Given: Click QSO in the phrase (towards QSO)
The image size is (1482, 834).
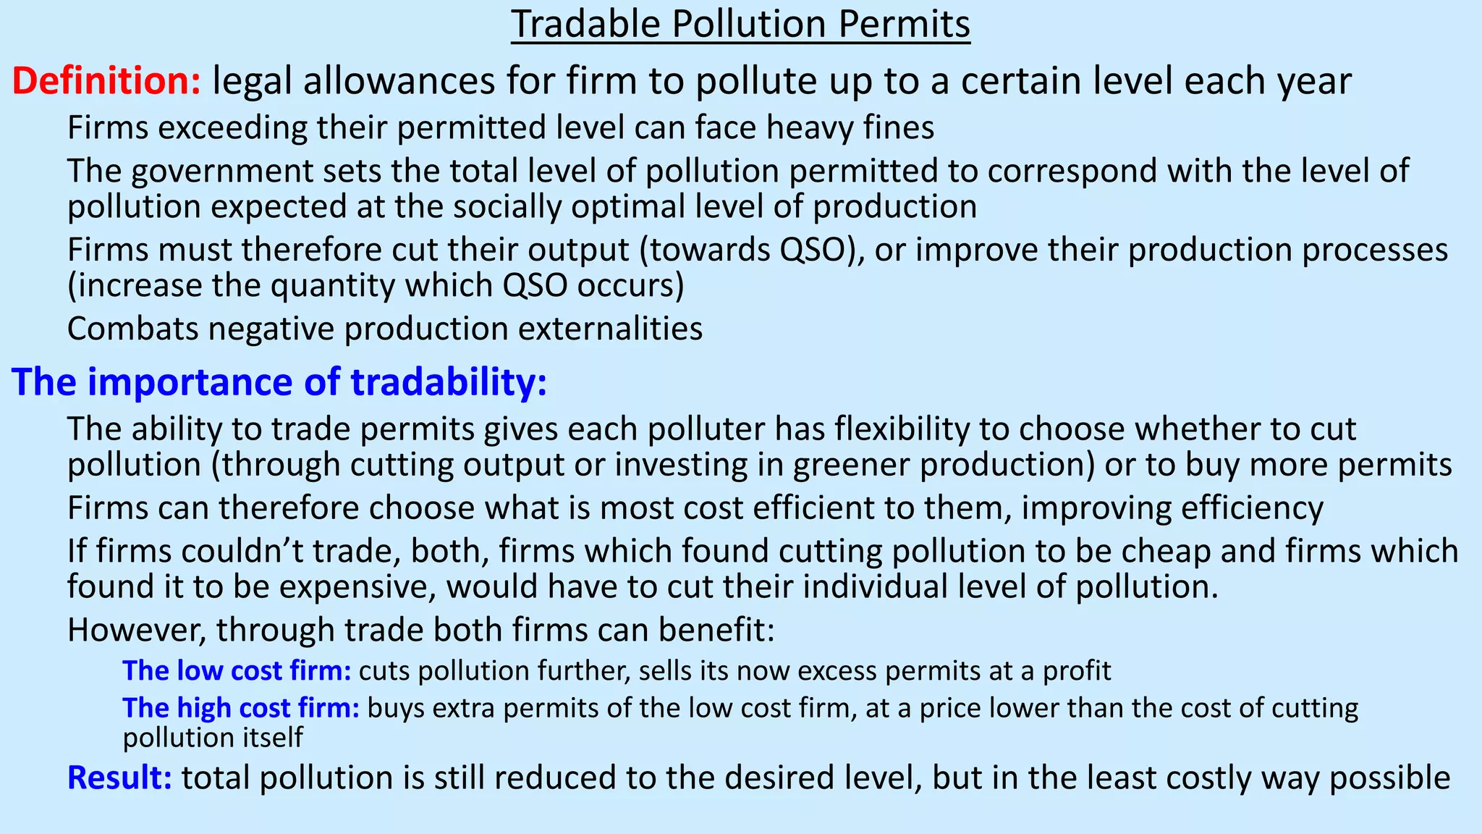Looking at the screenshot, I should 821,250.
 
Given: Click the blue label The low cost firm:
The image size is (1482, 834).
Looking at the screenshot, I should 237,671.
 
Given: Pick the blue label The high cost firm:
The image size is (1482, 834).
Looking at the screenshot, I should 241,707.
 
